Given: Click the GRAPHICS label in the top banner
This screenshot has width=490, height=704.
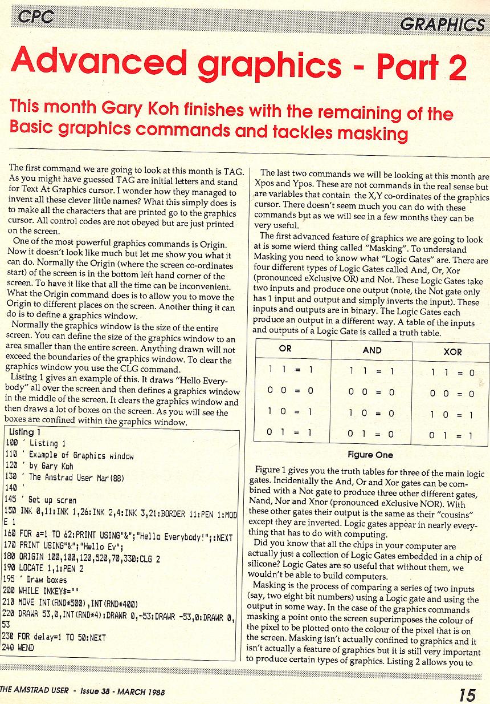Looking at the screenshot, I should tap(442, 25).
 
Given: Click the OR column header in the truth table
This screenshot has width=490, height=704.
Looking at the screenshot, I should tap(286, 349).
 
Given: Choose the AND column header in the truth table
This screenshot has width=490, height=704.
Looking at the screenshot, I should tap(372, 350).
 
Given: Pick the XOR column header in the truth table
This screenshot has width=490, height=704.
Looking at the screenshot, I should tap(452, 352).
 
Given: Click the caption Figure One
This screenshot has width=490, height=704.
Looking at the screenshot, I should tap(370, 455).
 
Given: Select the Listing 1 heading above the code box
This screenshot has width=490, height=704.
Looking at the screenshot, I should tap(25, 432).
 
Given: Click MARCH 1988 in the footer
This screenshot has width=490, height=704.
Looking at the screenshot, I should tap(141, 693).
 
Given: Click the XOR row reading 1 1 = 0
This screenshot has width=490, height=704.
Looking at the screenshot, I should tap(452, 373).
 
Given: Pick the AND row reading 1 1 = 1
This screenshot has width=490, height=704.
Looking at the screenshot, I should tap(371, 371).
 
